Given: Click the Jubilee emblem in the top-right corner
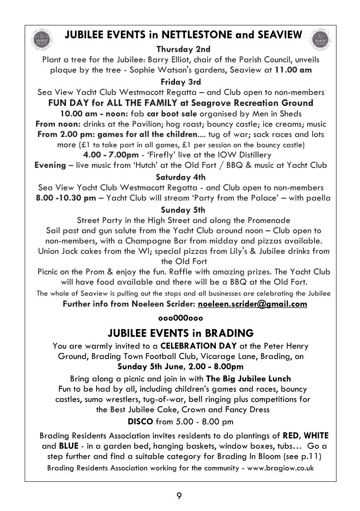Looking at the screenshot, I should pos(318,39).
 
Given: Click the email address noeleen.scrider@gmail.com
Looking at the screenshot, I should pos(252,304).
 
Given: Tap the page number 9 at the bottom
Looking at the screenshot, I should pos(180,496).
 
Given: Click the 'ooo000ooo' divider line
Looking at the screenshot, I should pos(180,318).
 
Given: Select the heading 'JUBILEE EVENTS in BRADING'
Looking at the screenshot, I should pos(180,333).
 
